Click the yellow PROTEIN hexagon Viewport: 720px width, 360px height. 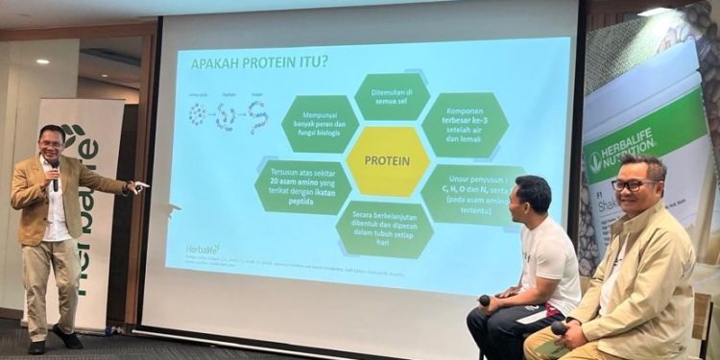point(387,161)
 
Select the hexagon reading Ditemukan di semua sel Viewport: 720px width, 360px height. point(391,96)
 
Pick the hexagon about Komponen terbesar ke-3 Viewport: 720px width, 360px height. point(464,124)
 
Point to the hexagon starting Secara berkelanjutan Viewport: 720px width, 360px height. point(384,228)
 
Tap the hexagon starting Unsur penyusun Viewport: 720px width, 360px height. point(470,191)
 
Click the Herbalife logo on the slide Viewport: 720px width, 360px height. point(203,249)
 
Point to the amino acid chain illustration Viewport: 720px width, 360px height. point(228,115)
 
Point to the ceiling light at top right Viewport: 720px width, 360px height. point(655,12)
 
